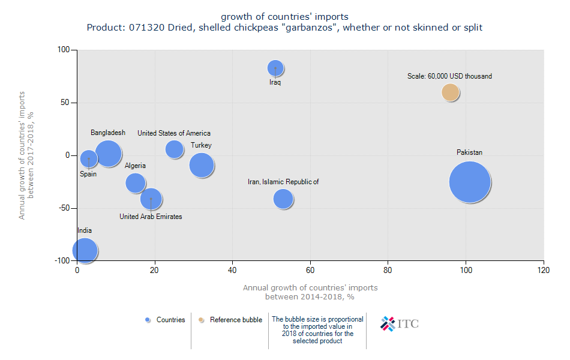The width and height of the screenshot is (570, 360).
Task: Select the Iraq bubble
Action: [x=275, y=68]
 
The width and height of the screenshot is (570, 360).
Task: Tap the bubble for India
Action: [x=85, y=251]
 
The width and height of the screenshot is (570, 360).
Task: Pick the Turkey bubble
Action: [x=202, y=165]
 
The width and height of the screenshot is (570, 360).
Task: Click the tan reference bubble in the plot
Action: [x=451, y=92]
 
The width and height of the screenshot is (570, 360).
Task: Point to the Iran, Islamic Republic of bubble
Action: [x=283, y=199]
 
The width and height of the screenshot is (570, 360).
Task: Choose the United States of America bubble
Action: [x=175, y=149]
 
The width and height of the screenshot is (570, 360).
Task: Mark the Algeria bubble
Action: [x=136, y=183]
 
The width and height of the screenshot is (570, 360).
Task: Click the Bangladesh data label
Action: [x=108, y=133]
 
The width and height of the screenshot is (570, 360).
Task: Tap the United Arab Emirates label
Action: [x=151, y=217]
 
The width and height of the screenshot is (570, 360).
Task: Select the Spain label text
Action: [x=88, y=174]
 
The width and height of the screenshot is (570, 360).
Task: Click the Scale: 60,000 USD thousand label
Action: [x=449, y=76]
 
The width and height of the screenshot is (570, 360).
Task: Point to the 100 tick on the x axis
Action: [x=466, y=271]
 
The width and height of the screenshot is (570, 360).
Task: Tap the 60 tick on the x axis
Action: [x=311, y=271]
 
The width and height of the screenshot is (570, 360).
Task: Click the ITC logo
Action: [x=400, y=324]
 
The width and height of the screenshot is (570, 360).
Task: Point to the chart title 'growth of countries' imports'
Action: [x=284, y=16]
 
